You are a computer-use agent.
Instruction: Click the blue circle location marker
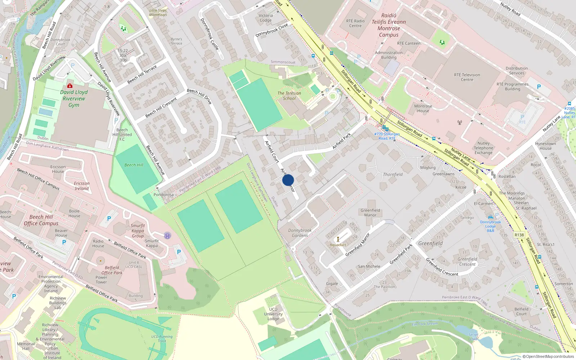coord(288,180)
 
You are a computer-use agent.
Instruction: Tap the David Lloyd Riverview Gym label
coord(74,99)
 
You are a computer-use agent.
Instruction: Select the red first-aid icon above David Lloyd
coord(70,86)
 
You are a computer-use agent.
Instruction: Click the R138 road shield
coord(519,235)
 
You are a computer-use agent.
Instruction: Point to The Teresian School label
coord(289,96)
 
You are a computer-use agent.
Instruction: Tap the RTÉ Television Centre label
coord(467,77)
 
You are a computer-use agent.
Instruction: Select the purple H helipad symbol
coord(167,236)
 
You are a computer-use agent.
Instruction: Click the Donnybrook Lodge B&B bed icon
coord(490,217)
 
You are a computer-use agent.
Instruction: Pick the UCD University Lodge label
coord(273,314)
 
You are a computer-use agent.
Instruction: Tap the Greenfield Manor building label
coord(370,213)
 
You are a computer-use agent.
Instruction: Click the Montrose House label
coord(423,108)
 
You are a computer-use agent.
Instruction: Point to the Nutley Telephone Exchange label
coord(483,148)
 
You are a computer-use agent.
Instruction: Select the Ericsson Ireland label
coord(82,186)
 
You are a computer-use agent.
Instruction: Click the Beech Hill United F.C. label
coord(122,135)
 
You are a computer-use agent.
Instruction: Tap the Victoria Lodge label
coord(266,18)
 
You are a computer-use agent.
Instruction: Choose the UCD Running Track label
coord(162,339)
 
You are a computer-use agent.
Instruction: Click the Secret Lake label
coord(473,337)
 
